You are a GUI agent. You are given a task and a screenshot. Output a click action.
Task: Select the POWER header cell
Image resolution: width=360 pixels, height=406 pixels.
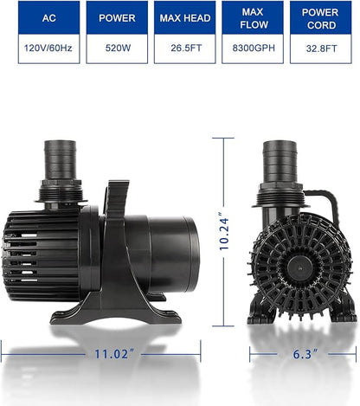point(117,17)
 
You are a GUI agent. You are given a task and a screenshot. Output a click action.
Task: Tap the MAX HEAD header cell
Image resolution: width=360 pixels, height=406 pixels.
point(184,17)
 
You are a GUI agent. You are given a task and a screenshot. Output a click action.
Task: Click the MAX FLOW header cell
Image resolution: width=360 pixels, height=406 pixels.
point(253,17)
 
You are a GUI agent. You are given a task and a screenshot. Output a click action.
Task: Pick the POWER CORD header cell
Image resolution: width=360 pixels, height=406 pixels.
point(320,17)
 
